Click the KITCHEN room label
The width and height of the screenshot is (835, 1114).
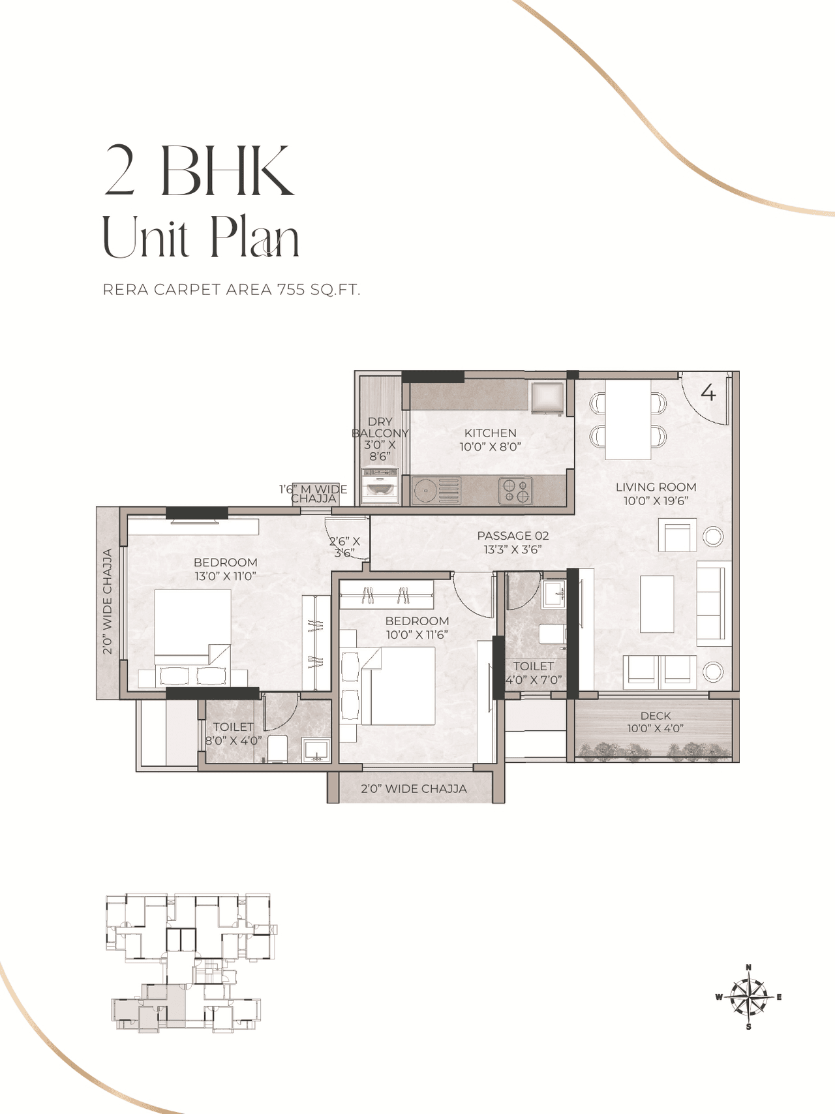[x=490, y=433]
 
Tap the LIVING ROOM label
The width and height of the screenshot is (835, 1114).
[x=656, y=487]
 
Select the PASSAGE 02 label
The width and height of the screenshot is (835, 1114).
[x=513, y=536]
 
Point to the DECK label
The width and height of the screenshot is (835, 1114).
[x=656, y=716]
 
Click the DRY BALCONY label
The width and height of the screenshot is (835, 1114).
[x=380, y=427]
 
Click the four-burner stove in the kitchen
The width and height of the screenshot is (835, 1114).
[x=515, y=491]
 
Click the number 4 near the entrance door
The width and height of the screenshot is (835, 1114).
[x=708, y=393]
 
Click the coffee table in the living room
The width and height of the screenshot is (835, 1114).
[x=657, y=604]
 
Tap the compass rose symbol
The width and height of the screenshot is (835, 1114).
[x=749, y=997]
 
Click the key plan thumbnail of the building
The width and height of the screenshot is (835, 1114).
[x=189, y=963]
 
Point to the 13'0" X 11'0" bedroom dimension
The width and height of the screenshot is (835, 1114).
[x=225, y=576]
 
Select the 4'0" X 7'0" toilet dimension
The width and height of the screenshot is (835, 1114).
[x=534, y=679]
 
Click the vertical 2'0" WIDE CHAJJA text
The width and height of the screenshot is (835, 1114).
[x=108, y=602]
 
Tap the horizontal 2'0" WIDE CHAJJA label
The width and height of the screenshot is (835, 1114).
[x=414, y=788]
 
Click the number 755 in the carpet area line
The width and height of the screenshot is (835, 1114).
[x=291, y=290]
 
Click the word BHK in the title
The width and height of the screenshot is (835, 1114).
[x=228, y=171]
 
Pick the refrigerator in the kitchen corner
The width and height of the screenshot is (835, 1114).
[x=547, y=398]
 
